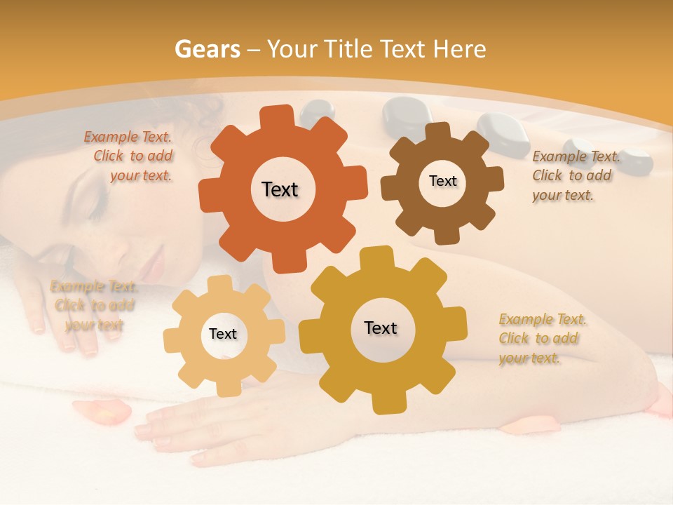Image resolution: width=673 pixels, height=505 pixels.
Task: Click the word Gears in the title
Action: click(x=207, y=50)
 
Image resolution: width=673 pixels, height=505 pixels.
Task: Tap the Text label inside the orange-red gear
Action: click(x=280, y=189)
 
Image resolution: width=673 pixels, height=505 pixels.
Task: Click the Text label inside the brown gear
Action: click(x=442, y=181)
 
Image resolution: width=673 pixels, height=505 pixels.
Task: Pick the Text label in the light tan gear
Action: click(x=223, y=334)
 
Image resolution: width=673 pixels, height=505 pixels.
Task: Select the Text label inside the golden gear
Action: click(x=381, y=328)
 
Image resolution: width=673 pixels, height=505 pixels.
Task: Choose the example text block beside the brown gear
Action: click(x=575, y=176)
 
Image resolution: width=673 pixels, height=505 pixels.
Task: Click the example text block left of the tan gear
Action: click(x=93, y=306)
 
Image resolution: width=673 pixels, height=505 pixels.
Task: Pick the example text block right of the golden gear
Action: click(x=541, y=339)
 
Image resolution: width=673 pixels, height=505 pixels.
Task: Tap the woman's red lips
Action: click(x=154, y=265)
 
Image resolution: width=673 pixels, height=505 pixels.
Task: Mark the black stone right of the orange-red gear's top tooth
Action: click(x=317, y=112)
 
